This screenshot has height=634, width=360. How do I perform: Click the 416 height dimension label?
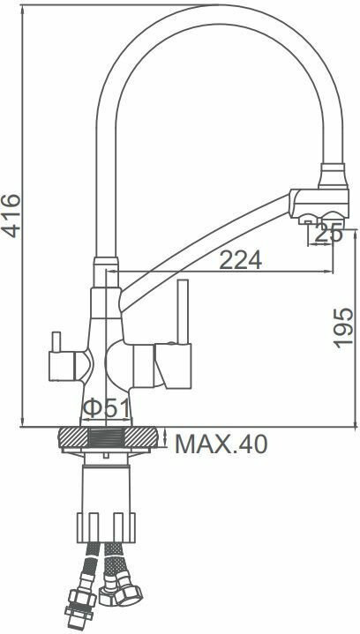pyautogui.click(x=11, y=215)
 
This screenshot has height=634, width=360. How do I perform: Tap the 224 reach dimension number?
pyautogui.click(x=240, y=260)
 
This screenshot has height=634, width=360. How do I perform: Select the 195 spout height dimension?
pyautogui.click(x=343, y=327)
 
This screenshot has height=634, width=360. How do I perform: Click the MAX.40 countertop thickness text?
pyautogui.click(x=221, y=444)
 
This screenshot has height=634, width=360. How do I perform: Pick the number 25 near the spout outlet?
pyautogui.click(x=328, y=234)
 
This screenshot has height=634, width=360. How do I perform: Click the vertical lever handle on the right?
pyautogui.click(x=184, y=311)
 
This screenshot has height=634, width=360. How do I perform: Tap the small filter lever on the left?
pyautogui.click(x=56, y=341)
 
